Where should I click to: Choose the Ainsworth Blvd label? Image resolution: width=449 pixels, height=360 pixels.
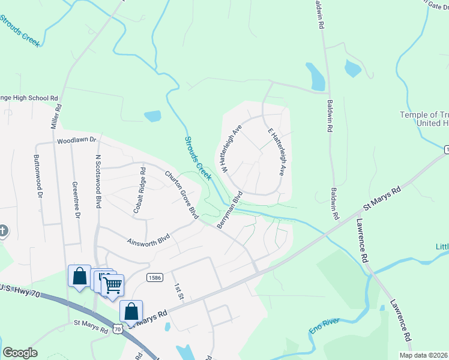[x=148, y=240]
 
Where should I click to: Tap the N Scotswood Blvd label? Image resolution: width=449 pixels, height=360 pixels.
[x=98, y=182]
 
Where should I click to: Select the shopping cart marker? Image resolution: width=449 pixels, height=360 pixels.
[x=112, y=285]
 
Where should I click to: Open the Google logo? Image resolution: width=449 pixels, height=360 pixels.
[x=20, y=353]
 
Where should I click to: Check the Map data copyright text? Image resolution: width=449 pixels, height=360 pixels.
[x=423, y=355]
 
